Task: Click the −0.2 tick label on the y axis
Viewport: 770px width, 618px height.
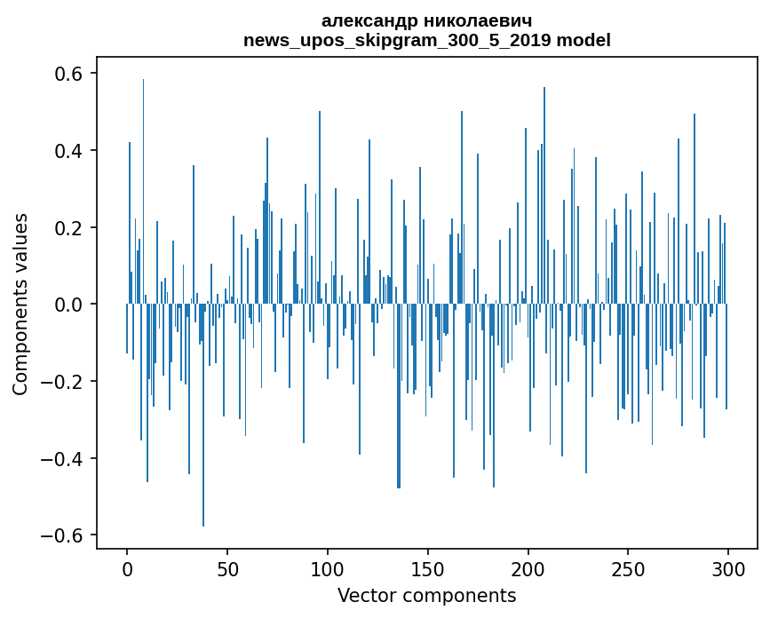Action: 62,382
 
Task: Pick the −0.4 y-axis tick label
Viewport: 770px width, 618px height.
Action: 62,459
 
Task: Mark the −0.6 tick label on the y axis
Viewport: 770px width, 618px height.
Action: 62,535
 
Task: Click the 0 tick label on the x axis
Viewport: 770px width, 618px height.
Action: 127,568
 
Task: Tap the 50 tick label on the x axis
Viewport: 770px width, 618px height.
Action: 227,568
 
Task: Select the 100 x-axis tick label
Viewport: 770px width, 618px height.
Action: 328,568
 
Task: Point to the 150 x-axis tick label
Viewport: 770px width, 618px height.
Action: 428,568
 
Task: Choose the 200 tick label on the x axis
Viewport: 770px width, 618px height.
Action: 528,568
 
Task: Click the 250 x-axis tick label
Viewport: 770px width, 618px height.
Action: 629,568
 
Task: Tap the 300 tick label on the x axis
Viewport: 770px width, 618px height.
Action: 729,568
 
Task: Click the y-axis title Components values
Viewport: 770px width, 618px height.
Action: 20,304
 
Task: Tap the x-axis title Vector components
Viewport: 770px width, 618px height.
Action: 426,595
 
